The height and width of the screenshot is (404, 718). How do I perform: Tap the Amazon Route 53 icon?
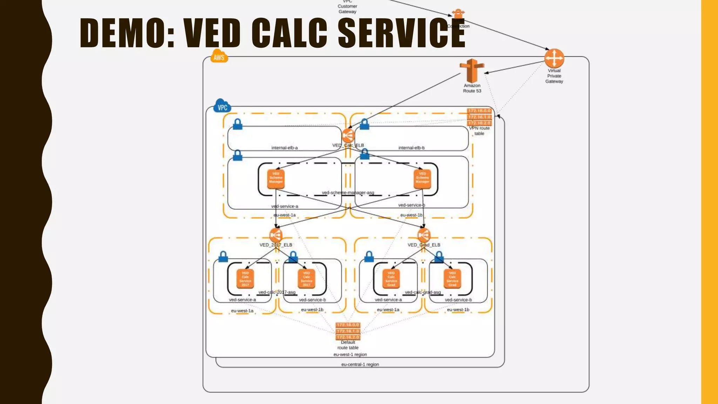tap(472, 70)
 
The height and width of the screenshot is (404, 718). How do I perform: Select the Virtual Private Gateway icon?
tap(554, 58)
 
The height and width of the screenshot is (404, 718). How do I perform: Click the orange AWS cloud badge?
tap(219, 56)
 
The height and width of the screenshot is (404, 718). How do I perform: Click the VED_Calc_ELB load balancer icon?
tap(348, 136)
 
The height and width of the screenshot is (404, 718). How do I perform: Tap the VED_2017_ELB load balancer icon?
tap(276, 235)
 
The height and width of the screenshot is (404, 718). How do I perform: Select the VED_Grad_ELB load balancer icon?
tap(424, 235)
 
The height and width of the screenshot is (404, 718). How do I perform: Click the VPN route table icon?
tap(479, 117)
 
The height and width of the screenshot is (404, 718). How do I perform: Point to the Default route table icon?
tap(348, 331)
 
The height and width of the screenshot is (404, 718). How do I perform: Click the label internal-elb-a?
tap(284, 148)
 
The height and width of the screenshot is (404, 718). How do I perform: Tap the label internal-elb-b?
tap(411, 148)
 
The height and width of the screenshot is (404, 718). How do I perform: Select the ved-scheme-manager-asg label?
tap(348, 193)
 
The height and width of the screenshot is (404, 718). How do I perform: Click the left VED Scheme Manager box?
tap(276, 179)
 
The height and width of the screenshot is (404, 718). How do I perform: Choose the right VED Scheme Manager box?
tap(422, 179)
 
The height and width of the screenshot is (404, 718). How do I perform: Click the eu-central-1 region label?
tap(360, 364)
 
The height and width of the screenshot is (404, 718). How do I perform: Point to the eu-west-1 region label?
tap(350, 355)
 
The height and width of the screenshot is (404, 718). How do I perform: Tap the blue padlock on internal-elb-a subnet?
tap(238, 124)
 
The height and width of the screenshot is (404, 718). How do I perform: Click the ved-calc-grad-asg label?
tap(423, 292)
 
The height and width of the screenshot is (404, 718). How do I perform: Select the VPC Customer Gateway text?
tap(347, 7)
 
